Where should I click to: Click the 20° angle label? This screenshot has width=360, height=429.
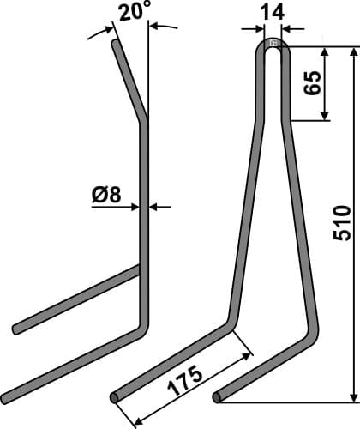135,11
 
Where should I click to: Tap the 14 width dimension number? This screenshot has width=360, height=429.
273,13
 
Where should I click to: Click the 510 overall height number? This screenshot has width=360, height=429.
340,225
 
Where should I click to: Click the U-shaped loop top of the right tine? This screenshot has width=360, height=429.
273,50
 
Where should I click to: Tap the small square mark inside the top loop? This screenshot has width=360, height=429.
273,44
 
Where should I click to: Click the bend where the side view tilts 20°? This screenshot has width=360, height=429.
143,122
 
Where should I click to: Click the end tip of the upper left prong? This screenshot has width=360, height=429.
16,329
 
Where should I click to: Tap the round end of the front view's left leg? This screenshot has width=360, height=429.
116,397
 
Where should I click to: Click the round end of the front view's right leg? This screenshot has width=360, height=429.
219,397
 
